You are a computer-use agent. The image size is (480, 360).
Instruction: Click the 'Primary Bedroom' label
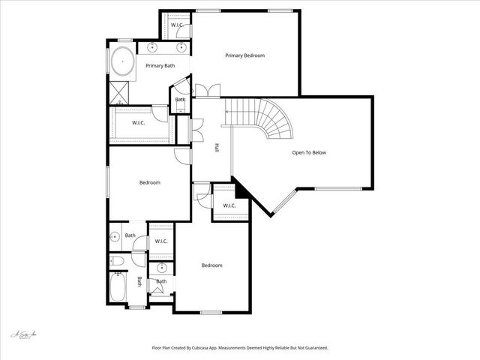point(245,55)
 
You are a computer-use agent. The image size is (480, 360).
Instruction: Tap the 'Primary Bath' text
point(160,66)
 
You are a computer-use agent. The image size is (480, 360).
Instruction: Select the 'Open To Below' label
point(309,153)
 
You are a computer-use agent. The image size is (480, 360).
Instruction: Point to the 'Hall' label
point(217,148)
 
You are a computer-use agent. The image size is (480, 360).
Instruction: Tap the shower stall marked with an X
point(118,93)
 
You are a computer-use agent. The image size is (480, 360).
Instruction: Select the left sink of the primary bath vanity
point(152,47)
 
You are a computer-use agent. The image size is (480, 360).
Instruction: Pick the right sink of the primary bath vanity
point(181,47)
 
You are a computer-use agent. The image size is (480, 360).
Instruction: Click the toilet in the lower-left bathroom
point(116,261)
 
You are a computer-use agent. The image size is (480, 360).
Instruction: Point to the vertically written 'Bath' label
point(139,282)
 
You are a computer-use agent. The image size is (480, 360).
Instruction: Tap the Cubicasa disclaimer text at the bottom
point(239,348)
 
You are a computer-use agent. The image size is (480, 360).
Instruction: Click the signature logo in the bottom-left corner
point(25,334)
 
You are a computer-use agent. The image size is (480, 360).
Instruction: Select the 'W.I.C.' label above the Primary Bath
point(177,25)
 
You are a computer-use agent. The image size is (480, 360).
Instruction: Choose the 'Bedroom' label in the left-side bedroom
point(149,182)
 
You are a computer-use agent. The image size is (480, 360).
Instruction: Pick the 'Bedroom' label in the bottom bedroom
point(211,265)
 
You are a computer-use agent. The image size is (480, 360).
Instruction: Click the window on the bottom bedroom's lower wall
point(211,312)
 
